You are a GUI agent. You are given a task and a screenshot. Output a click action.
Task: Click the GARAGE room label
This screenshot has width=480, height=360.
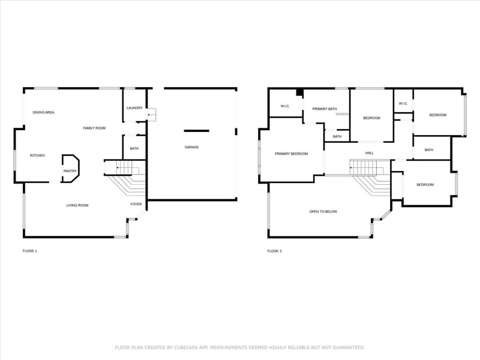click(191, 147)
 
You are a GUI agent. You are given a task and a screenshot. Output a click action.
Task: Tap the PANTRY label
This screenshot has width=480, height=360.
click(70, 171)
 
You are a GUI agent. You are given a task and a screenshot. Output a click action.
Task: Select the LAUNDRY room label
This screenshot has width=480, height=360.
click(134, 108)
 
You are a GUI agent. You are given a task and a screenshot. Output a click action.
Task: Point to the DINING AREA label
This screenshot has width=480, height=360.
click(44, 112)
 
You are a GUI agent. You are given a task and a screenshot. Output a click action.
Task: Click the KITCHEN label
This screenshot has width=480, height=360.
click(37, 155)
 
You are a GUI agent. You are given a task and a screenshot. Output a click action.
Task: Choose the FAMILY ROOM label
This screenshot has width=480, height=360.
click(94, 128)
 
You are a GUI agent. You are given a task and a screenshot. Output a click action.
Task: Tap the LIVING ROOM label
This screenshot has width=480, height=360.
click(77, 205)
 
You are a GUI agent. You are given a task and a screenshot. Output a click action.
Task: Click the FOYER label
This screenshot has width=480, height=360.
click(136, 204)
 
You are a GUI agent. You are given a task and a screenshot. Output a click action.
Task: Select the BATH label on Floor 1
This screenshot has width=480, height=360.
click(134, 148)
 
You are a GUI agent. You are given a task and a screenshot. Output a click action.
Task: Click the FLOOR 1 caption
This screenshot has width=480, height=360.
click(29, 251)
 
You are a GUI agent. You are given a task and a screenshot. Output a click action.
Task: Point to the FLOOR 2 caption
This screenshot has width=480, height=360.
click(274, 251)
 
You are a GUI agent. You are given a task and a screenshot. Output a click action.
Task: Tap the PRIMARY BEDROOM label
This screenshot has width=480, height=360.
click(291, 154)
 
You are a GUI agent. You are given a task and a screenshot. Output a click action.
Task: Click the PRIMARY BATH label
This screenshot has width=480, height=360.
click(325, 109)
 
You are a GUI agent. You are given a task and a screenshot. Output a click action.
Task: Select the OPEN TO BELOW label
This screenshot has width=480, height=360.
click(323, 211)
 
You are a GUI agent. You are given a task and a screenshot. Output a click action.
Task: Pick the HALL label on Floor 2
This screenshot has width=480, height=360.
click(370, 153)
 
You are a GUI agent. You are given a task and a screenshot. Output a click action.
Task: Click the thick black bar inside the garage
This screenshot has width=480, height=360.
click(196, 131)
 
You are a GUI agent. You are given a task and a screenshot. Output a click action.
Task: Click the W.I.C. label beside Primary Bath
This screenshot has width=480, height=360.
click(286, 106)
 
